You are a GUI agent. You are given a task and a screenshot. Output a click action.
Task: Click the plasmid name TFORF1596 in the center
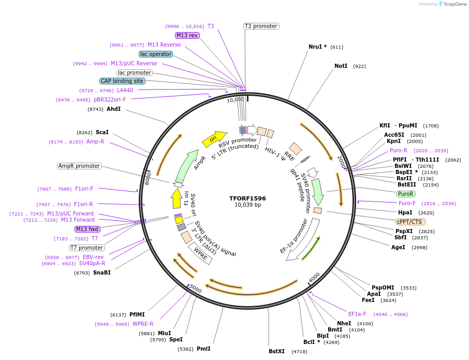pos(247,198)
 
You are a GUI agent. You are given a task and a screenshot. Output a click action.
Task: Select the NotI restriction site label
pos(341,66)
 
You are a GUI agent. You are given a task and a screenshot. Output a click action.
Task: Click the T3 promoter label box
pos(261,26)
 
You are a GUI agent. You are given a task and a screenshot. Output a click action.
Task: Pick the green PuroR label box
pos(406,194)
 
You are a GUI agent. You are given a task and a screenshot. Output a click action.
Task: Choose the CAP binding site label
pos(122,81)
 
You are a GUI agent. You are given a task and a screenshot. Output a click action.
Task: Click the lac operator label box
pos(156,54)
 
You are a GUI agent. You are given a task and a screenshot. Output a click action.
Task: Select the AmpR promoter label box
pos(79,166)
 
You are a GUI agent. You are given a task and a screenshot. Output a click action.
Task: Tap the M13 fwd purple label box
pos(87,229)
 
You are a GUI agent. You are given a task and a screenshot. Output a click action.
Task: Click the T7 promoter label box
pos(87,248)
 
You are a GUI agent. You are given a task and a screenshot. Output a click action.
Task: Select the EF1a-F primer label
pos(357,314)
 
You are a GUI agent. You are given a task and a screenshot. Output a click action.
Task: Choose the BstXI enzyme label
pos(276,351)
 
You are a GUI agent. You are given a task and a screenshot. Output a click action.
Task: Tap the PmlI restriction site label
pos(203,349)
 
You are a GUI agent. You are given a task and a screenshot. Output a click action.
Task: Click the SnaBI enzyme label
pos(102,272)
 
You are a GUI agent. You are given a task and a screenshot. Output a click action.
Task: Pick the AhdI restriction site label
pos(113,109)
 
